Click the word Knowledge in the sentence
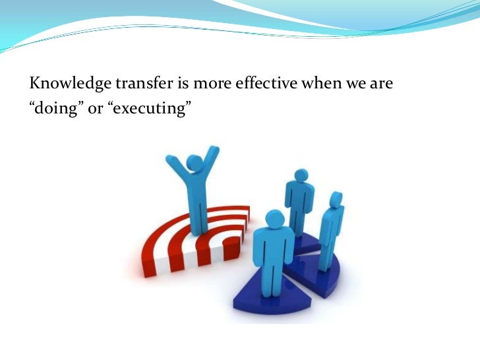tap(61, 84)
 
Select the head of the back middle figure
tap(301, 176)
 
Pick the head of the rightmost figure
tap(336, 199)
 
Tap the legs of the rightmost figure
tap(326, 254)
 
